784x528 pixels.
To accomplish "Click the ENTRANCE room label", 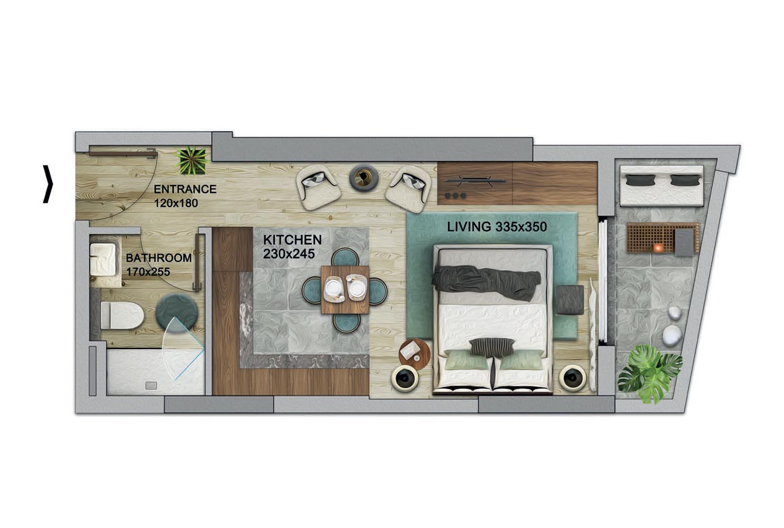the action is [185, 189].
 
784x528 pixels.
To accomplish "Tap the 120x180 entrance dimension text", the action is [177, 203].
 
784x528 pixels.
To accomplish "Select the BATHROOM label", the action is [159, 258].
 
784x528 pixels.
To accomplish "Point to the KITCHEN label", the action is [293, 240].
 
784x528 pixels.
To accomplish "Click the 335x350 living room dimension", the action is [521, 227].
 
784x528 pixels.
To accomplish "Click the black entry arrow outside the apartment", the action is [48, 184].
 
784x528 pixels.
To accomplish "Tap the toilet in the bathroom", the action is [122, 315].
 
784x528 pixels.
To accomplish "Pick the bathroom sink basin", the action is [103, 259].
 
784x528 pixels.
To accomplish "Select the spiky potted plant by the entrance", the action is [192, 160].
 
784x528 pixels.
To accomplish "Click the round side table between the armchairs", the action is [363, 178].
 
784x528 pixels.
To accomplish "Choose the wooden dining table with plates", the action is [345, 290].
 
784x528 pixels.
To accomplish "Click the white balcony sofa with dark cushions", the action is [662, 186].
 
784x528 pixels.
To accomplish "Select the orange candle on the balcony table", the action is [658, 248].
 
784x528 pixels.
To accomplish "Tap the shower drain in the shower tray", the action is [151, 385].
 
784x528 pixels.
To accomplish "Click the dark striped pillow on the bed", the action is [492, 347].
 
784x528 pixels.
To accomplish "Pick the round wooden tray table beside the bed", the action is [414, 354].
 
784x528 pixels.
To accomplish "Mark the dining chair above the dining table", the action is [345, 257].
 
